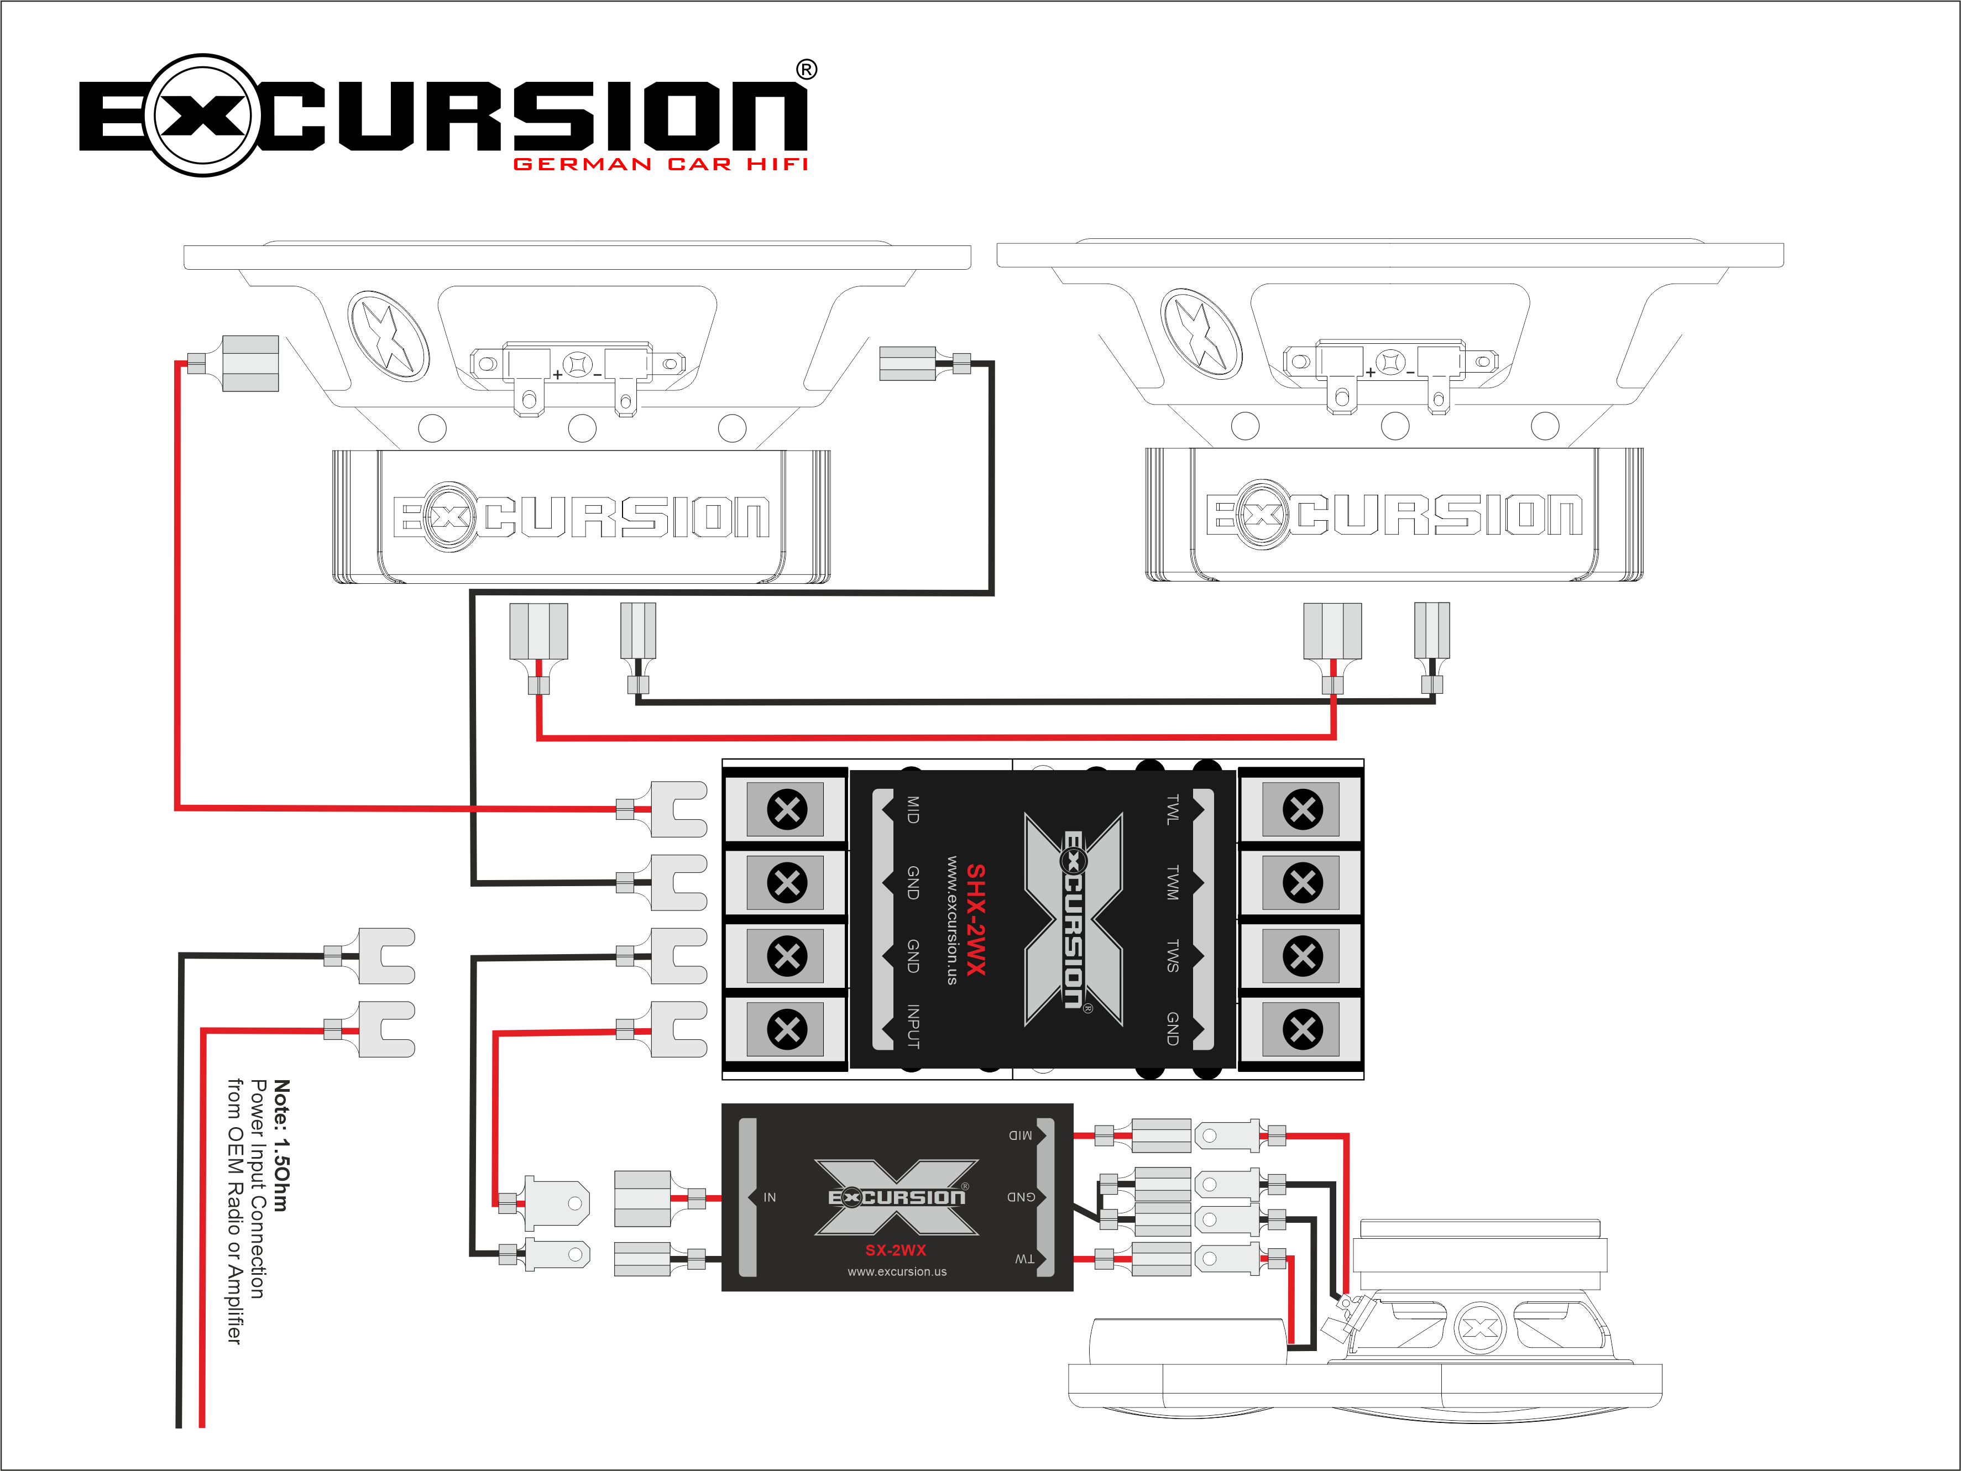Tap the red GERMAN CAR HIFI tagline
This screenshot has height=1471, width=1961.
pos(661,164)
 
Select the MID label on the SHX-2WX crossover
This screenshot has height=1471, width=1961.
pos(912,809)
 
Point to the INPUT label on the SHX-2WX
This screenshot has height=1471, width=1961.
pos(912,1027)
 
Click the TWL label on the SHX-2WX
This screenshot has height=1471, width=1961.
pos(1172,809)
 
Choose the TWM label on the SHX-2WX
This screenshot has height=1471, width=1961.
pos(1172,883)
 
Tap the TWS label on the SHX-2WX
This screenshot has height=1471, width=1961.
pos(1172,956)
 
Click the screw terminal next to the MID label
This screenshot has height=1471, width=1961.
pos(786,809)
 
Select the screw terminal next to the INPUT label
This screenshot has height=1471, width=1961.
pos(786,1029)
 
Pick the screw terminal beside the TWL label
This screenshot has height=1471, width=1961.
pos(1303,809)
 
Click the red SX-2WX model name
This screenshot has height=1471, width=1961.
pos(896,1250)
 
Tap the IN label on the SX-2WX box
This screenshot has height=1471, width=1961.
pos(770,1197)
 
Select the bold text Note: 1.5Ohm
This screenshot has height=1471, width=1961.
pos(281,1145)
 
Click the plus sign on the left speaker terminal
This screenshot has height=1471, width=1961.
pos(558,374)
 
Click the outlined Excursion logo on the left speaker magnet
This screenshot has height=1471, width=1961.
pos(581,517)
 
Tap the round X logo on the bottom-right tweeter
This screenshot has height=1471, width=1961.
pos(1479,1327)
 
